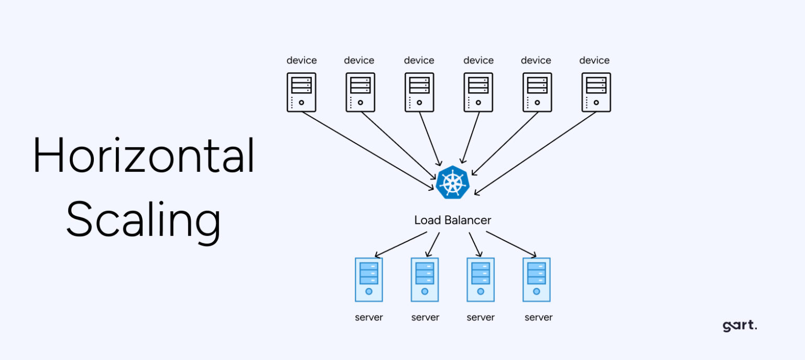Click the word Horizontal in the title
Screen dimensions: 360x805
pos(144,156)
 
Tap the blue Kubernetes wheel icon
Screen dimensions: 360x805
pos(452,182)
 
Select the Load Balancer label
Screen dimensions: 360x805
pos(453,220)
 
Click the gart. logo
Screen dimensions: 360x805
pos(739,326)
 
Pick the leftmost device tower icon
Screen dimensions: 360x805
pos(301,92)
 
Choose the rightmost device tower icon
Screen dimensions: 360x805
pos(596,92)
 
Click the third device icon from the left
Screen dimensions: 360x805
pos(419,92)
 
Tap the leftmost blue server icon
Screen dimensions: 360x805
pos(369,279)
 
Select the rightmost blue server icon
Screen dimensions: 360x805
pos(537,279)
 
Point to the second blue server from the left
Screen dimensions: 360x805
pos(425,279)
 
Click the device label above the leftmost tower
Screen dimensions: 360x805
pos(301,61)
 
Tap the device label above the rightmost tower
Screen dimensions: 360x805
pos(594,61)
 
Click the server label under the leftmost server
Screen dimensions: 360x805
pos(369,318)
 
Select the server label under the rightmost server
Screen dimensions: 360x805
pos(539,318)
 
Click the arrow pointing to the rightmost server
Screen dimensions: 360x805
pos(511,244)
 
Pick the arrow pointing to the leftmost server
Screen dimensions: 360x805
pos(401,244)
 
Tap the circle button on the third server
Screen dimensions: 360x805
pos(481,291)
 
